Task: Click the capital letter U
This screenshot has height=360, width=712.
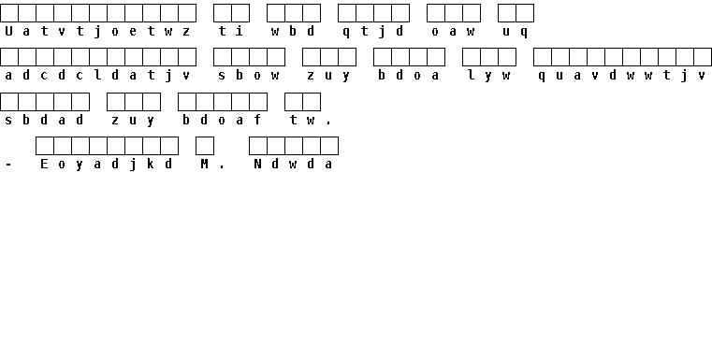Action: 8,31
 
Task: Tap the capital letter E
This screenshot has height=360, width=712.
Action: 44,164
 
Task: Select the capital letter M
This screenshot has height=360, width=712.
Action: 204,164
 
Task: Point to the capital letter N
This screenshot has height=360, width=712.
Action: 257,164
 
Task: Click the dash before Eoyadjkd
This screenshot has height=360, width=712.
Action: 8,165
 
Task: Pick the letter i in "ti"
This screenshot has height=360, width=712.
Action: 240,31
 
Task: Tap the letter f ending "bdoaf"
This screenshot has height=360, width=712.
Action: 257,120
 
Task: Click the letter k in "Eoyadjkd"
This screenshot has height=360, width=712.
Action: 151,164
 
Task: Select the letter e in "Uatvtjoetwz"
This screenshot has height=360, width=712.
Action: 133,32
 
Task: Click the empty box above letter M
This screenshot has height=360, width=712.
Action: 205,146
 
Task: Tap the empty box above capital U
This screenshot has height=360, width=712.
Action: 9,13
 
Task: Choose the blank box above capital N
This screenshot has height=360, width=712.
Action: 258,146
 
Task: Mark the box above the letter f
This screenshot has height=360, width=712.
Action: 258,102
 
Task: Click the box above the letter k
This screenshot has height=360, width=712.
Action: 152,146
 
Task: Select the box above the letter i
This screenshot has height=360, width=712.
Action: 240,13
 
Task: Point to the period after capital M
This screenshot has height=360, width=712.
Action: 222,167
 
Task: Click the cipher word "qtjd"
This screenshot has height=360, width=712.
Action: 373,32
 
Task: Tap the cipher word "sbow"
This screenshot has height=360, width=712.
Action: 249,76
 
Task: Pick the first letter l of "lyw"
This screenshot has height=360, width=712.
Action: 472,76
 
